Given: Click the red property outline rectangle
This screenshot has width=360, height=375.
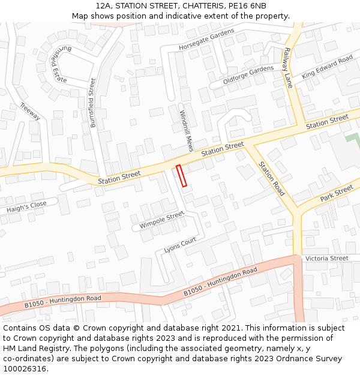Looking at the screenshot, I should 181,175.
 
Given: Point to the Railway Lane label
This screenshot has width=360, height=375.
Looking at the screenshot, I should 288,67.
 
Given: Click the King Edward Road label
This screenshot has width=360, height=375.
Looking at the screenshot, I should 327,67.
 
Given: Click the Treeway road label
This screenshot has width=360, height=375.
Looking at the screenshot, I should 29,111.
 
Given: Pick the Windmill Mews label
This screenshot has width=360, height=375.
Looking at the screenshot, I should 185,130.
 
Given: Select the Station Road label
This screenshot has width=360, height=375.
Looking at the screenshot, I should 271,179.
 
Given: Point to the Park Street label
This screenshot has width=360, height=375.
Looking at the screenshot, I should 337,193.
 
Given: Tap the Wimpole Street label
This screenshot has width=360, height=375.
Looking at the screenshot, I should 162,220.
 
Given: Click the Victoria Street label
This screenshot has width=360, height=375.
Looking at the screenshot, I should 326,258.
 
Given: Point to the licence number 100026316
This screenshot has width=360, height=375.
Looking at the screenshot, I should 25,368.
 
